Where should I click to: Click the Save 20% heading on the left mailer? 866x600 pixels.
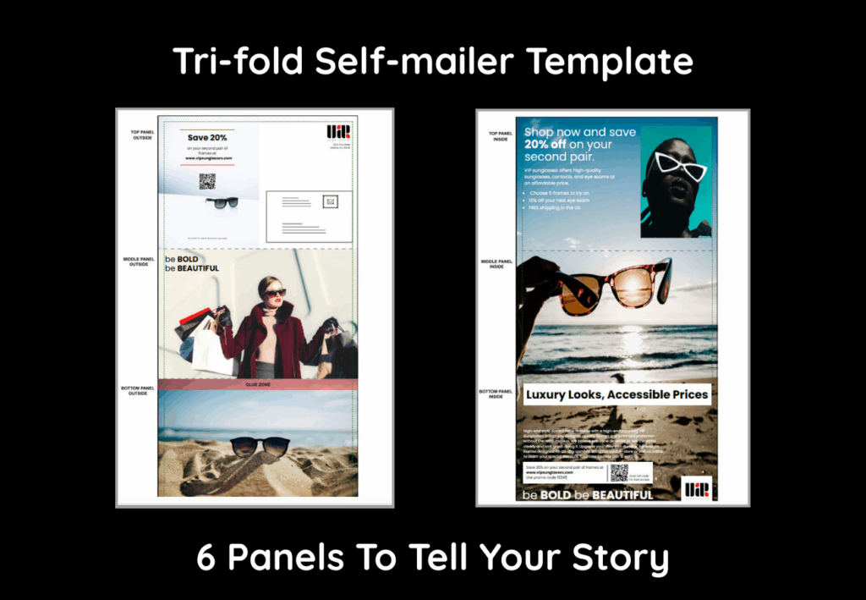click(x=207, y=137)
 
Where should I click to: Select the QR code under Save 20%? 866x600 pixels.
click(x=207, y=180)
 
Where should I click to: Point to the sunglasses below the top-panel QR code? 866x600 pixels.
click(x=222, y=203)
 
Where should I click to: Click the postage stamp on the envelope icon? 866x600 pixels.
click(x=331, y=201)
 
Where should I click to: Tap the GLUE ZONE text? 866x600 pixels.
click(x=257, y=385)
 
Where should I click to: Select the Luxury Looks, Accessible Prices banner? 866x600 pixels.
click(x=616, y=394)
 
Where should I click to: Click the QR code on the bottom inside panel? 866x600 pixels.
click(x=619, y=472)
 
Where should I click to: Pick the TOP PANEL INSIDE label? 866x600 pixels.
click(x=501, y=135)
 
